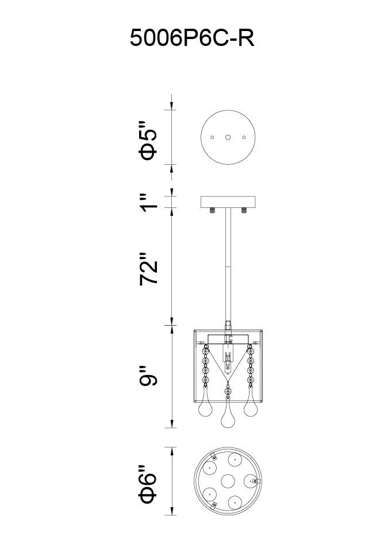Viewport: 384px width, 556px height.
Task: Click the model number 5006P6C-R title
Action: (x=192, y=38)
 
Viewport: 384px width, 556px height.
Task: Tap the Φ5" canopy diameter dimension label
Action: (x=148, y=141)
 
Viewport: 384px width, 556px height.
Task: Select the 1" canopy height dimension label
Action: (x=148, y=202)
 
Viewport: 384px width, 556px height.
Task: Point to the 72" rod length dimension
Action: (x=148, y=269)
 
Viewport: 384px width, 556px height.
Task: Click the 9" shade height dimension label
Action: (x=148, y=375)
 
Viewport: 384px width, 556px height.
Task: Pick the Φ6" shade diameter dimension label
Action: (x=148, y=484)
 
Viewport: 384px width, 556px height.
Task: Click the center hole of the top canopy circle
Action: (x=228, y=137)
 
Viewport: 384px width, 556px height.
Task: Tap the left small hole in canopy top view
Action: (x=212, y=137)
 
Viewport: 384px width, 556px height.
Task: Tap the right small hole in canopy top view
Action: (x=244, y=137)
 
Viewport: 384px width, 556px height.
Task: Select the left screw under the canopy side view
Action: (x=212, y=210)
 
